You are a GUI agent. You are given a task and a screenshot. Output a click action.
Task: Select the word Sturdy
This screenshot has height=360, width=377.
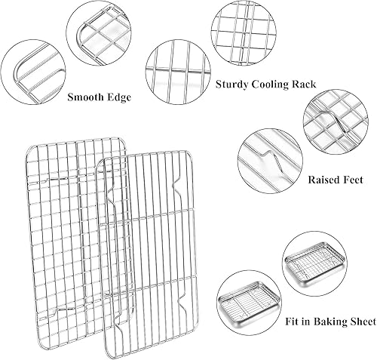pyautogui.click(x=234, y=85)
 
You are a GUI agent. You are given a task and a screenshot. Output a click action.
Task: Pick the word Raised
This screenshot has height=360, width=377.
pyautogui.click(x=325, y=181)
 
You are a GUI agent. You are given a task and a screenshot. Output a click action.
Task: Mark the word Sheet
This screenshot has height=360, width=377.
pyautogui.click(x=362, y=322)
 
